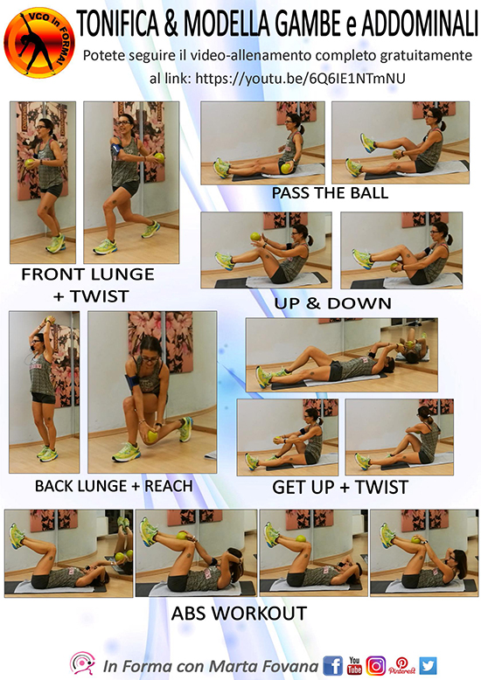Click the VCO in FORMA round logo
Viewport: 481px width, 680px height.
(39, 43)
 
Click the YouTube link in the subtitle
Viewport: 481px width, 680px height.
(301, 79)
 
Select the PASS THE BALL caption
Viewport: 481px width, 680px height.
(330, 193)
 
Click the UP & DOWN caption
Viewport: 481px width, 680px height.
(333, 303)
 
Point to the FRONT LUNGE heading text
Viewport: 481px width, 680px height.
(88, 274)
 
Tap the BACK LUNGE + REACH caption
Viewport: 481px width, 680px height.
(114, 486)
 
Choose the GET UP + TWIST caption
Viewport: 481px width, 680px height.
(340, 488)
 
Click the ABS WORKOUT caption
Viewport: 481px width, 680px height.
(240, 614)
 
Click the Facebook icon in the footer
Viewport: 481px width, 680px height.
(333, 665)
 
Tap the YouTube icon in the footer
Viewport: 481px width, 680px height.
(355, 665)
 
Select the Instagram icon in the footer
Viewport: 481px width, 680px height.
(376, 666)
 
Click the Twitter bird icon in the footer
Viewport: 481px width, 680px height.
(428, 666)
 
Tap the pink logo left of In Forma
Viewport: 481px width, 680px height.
(83, 663)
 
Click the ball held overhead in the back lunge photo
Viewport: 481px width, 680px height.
(50, 320)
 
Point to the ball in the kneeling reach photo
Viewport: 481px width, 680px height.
(151, 436)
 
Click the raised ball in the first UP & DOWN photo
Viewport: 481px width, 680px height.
(255, 237)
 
